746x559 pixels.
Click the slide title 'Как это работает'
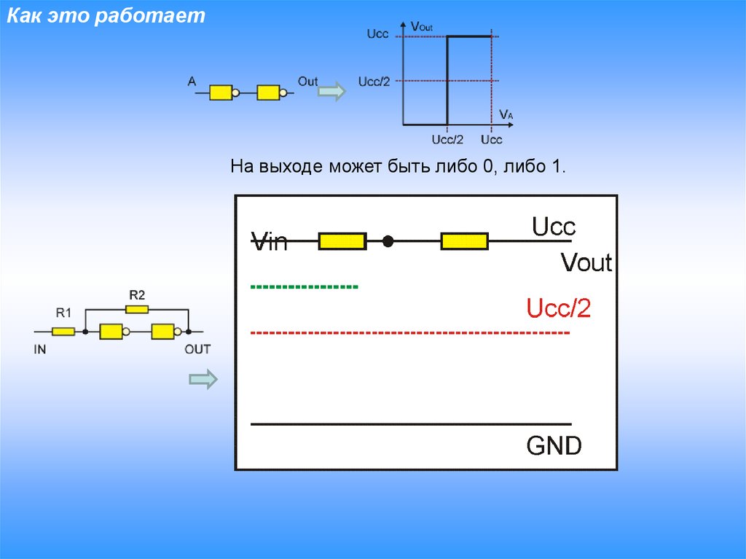[x=106, y=17]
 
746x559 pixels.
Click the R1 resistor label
[x=63, y=313]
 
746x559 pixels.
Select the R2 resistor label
[x=137, y=295]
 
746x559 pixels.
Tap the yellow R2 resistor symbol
[x=137, y=309]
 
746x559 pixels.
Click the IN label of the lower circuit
[x=40, y=349]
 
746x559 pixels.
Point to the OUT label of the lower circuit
[x=197, y=349]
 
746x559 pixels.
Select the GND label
[x=554, y=445]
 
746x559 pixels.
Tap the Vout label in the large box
[x=586, y=262]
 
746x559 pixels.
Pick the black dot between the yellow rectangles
[x=388, y=241]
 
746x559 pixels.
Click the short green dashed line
[x=304, y=287]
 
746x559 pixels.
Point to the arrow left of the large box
[x=203, y=379]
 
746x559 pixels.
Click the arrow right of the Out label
[x=332, y=92]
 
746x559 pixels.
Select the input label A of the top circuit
[x=192, y=82]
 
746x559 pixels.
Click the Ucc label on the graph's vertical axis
[x=377, y=34]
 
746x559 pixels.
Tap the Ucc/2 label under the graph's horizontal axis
[x=447, y=139]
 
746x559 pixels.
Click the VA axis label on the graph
[x=506, y=114]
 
